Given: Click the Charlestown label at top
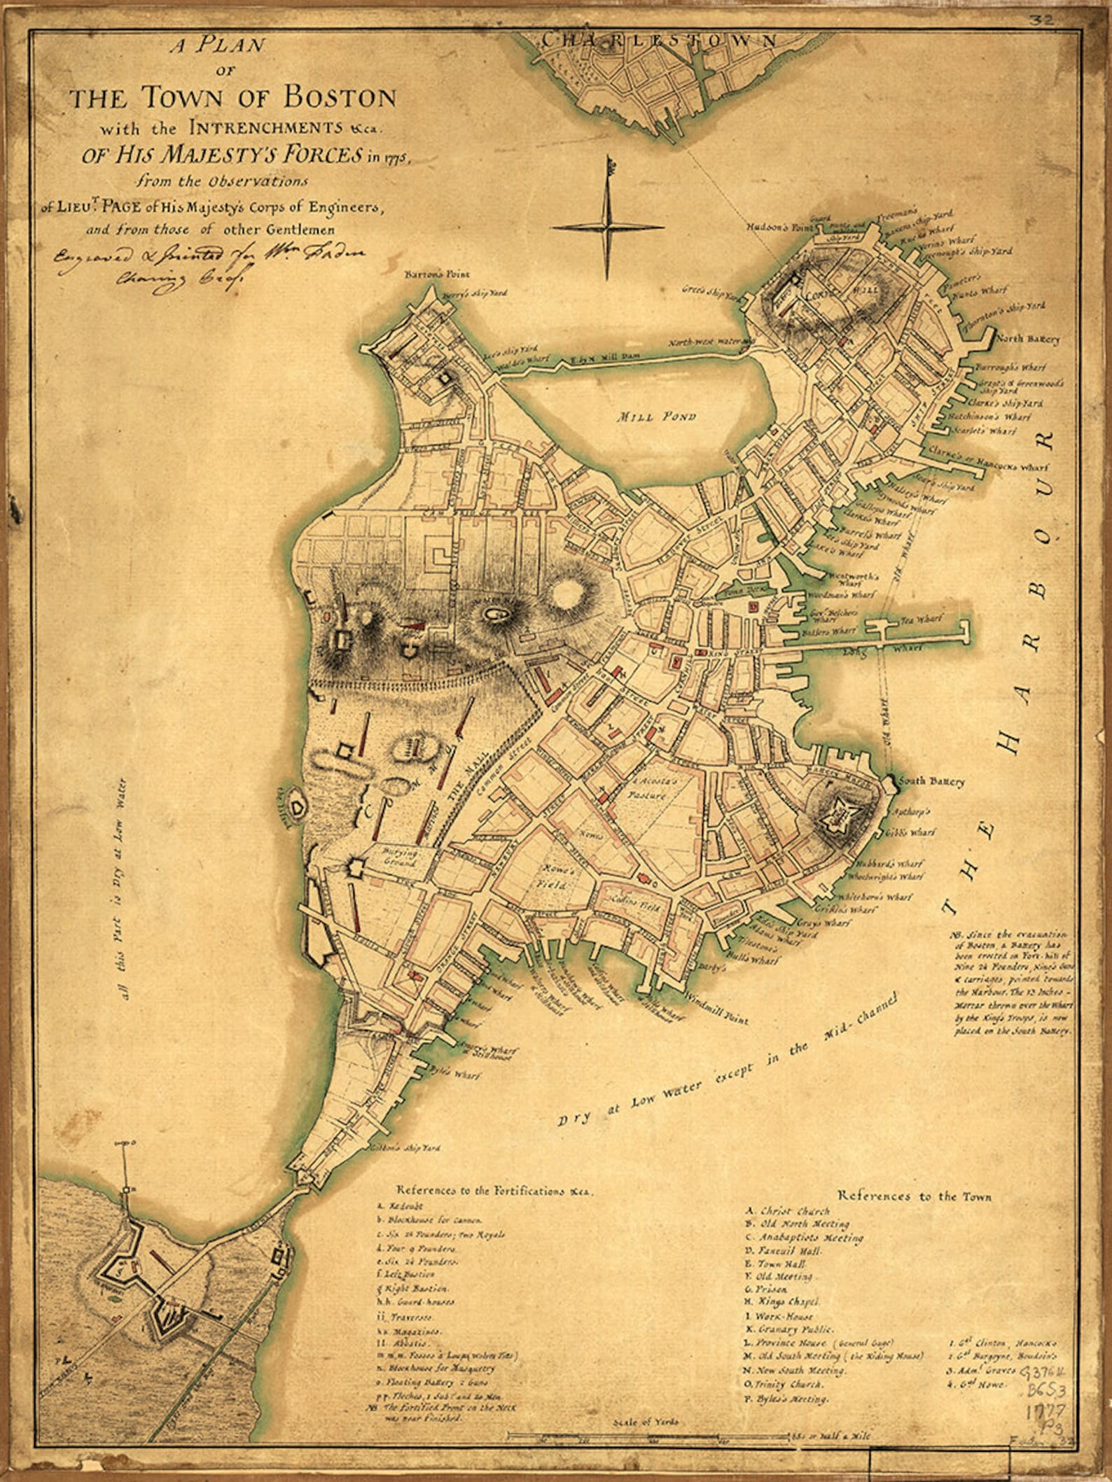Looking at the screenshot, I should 658,40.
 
